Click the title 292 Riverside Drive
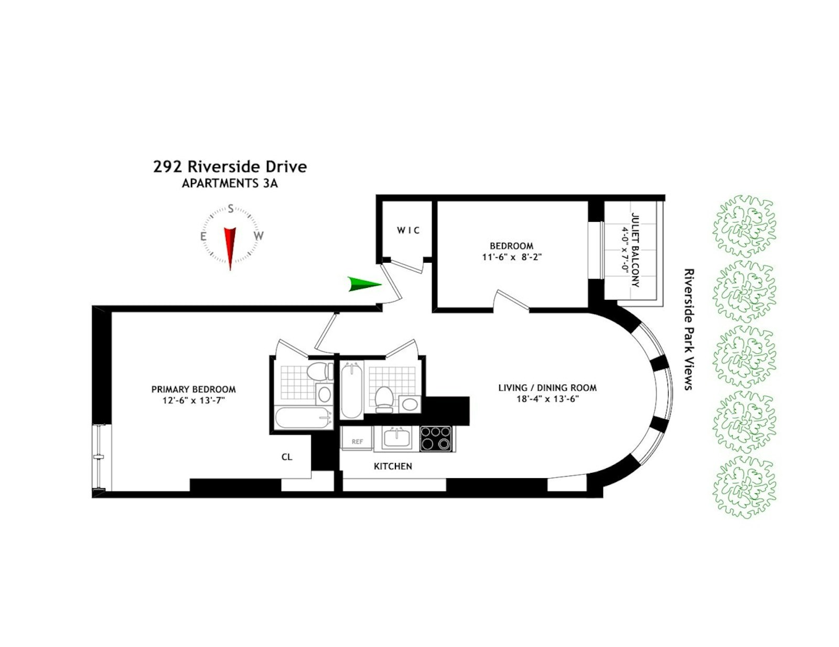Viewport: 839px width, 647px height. point(230,167)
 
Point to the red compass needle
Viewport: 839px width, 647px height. point(230,246)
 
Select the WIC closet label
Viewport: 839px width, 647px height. point(408,230)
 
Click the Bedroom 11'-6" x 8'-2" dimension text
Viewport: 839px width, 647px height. point(511,257)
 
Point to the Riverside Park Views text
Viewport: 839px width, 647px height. point(689,329)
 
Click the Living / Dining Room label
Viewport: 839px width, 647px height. point(547,388)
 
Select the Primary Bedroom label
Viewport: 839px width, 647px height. point(193,390)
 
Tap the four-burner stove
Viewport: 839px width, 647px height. point(436,438)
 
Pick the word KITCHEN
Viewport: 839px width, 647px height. point(393,466)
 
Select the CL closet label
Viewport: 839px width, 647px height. point(287,457)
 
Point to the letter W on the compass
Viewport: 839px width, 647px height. point(259,236)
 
